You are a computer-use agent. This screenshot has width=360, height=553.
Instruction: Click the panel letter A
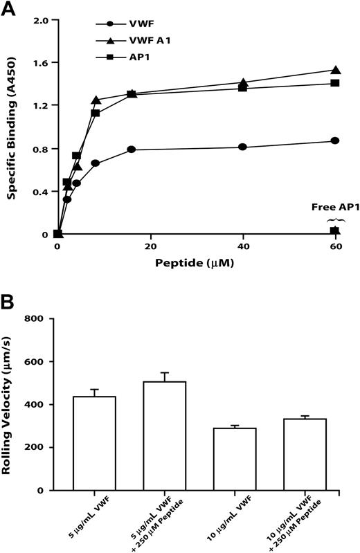point(8,8)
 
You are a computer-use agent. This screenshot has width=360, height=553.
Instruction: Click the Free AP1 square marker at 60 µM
point(334,230)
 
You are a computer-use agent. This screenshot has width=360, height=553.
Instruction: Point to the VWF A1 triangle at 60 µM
point(335,70)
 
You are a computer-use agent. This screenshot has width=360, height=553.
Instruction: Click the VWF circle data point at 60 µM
point(335,140)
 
